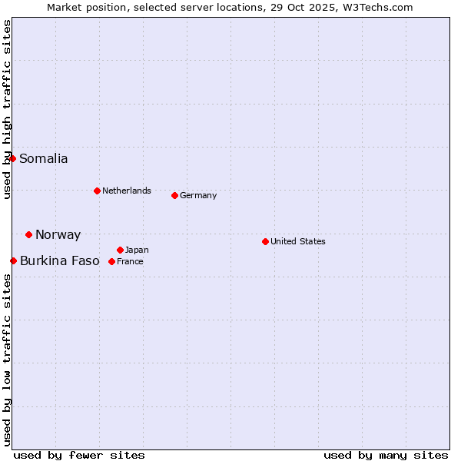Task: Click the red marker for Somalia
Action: click(12, 158)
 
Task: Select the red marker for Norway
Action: click(28, 234)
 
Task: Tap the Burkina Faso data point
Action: click(13, 260)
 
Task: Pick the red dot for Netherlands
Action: click(97, 191)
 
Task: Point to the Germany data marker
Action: click(174, 195)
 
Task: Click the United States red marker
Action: click(265, 241)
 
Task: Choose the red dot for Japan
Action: click(120, 250)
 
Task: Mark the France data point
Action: click(112, 261)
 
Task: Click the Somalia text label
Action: click(44, 159)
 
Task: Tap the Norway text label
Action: click(58, 235)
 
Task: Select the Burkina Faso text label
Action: click(60, 261)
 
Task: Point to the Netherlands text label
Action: click(127, 191)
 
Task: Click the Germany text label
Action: click(198, 195)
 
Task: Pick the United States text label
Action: click(298, 241)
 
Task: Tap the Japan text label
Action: click(137, 250)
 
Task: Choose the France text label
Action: click(131, 261)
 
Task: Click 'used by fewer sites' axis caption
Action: click(79, 455)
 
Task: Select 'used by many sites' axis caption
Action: click(386, 455)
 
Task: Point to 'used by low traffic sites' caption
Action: click(8, 359)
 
